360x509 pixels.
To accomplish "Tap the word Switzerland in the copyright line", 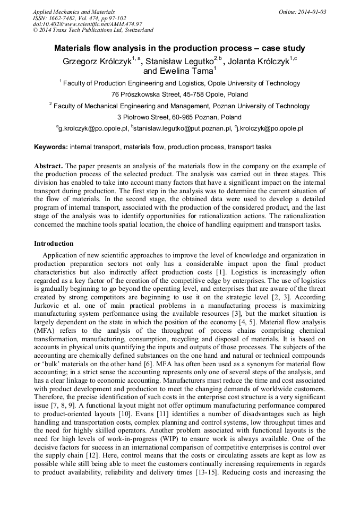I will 134,30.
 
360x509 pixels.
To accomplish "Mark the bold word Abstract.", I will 48,166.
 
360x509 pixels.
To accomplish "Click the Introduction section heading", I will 54,244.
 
